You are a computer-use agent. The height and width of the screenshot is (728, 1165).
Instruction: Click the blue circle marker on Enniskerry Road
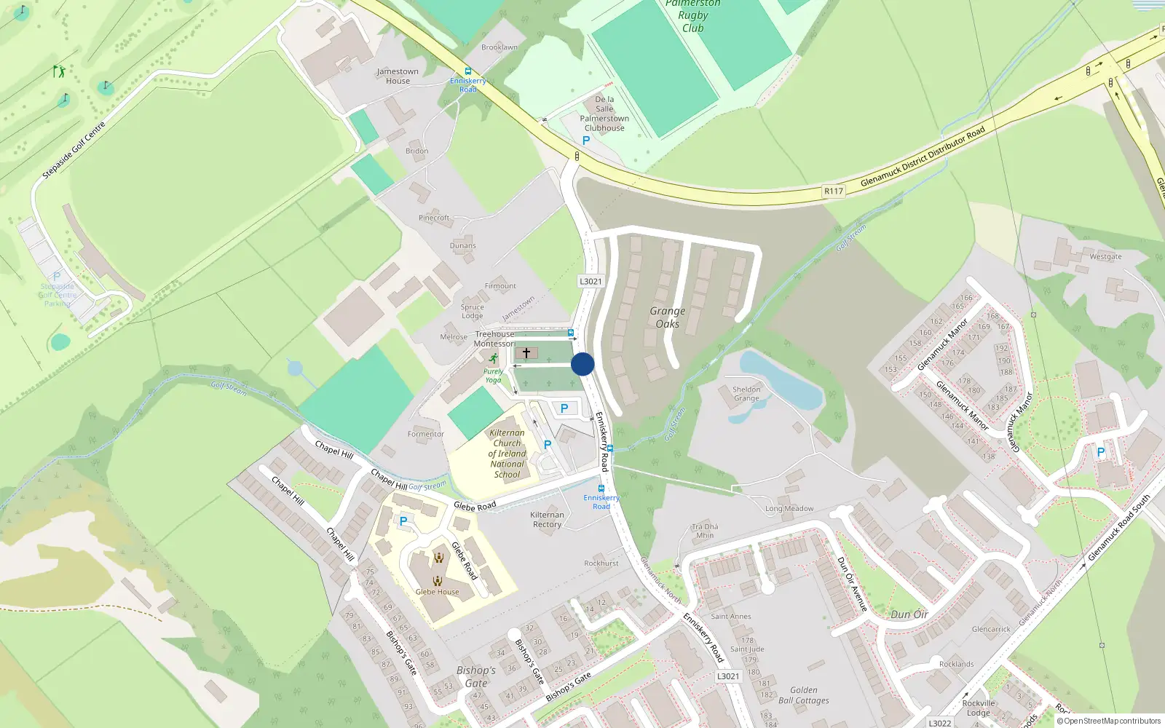tap(582, 364)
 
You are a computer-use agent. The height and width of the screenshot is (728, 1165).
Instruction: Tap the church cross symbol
tap(526, 353)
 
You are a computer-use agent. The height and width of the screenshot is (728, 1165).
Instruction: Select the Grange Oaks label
tap(668, 317)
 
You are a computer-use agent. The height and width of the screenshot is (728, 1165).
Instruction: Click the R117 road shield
tap(834, 191)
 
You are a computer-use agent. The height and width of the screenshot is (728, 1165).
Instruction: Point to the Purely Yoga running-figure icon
tap(494, 359)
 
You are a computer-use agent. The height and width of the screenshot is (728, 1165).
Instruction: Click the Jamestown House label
tap(398, 76)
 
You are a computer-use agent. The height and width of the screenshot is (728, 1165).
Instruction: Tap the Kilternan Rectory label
tap(548, 519)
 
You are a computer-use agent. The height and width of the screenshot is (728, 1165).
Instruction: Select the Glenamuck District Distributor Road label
tap(923, 157)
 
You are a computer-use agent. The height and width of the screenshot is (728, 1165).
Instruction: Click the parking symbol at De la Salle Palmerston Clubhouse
tap(586, 141)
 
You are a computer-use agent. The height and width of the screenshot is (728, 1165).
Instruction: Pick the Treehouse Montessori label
tap(495, 339)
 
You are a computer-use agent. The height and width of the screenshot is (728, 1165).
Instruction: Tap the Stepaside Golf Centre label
tap(74, 150)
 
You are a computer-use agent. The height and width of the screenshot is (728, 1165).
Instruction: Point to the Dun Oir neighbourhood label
tap(909, 614)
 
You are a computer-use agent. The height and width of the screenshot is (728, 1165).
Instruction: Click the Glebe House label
tap(438, 592)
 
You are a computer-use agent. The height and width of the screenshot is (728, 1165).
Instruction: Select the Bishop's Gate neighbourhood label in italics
tap(476, 676)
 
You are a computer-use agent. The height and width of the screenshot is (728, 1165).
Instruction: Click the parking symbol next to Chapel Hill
tap(403, 521)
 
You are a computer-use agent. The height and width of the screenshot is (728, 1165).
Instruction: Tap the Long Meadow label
tap(789, 509)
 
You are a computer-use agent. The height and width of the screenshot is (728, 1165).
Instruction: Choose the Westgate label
tap(1105, 257)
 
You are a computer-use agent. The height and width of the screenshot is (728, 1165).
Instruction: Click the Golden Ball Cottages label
tap(804, 695)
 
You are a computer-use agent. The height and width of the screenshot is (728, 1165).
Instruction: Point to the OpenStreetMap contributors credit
tap(1109, 721)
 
